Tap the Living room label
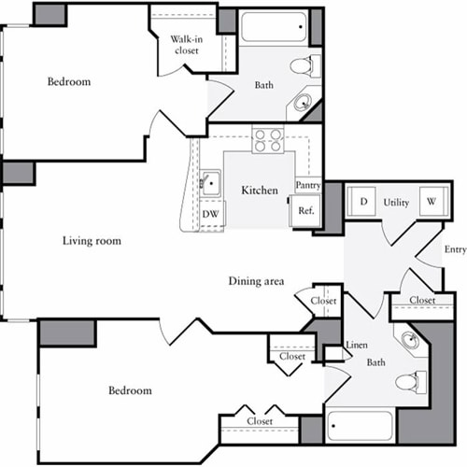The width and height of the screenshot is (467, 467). point(92,241)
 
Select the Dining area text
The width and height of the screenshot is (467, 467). point(256,281)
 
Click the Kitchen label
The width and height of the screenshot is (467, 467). point(260,191)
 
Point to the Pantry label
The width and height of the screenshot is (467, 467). point(308,185)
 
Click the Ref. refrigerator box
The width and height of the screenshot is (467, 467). point(305,211)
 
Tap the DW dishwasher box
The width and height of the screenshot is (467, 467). point(211,214)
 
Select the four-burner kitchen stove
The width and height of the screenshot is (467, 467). point(268,140)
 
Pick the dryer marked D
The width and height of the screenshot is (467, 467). point(361,201)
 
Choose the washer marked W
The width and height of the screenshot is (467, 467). point(432,201)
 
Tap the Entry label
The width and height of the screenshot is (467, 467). point(455,249)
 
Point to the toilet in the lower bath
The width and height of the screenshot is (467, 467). point(409,381)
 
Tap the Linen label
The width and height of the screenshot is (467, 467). point(356,346)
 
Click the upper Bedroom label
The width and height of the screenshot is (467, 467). point(69,82)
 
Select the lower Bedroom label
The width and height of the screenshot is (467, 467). point(130,390)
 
